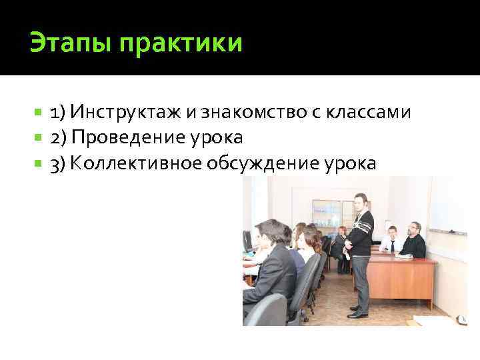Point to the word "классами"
coord(368,111)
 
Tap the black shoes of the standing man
coord(358,312)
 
